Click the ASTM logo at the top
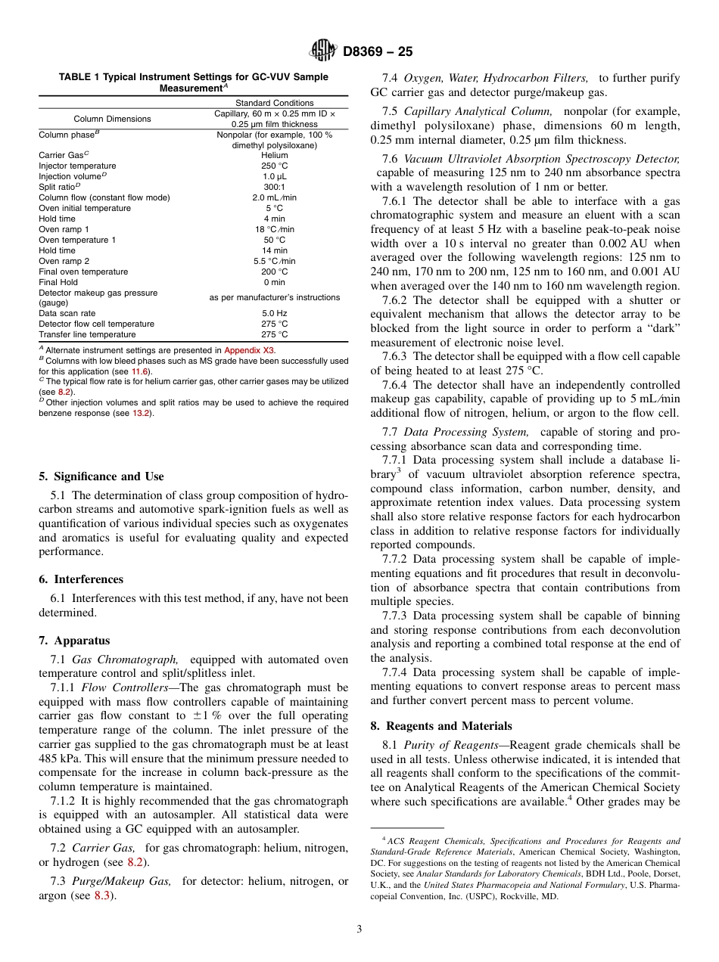322,52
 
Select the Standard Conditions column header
274,103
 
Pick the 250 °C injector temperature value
274,166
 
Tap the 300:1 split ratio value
274,187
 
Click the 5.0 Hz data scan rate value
274,313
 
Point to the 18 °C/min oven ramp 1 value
274,229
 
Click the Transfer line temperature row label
87,334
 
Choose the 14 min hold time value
274,250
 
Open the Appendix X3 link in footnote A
250,350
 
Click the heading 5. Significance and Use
101,476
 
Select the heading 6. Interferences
80,579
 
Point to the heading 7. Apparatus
74,640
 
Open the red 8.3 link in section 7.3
102,896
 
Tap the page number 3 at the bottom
359,929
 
